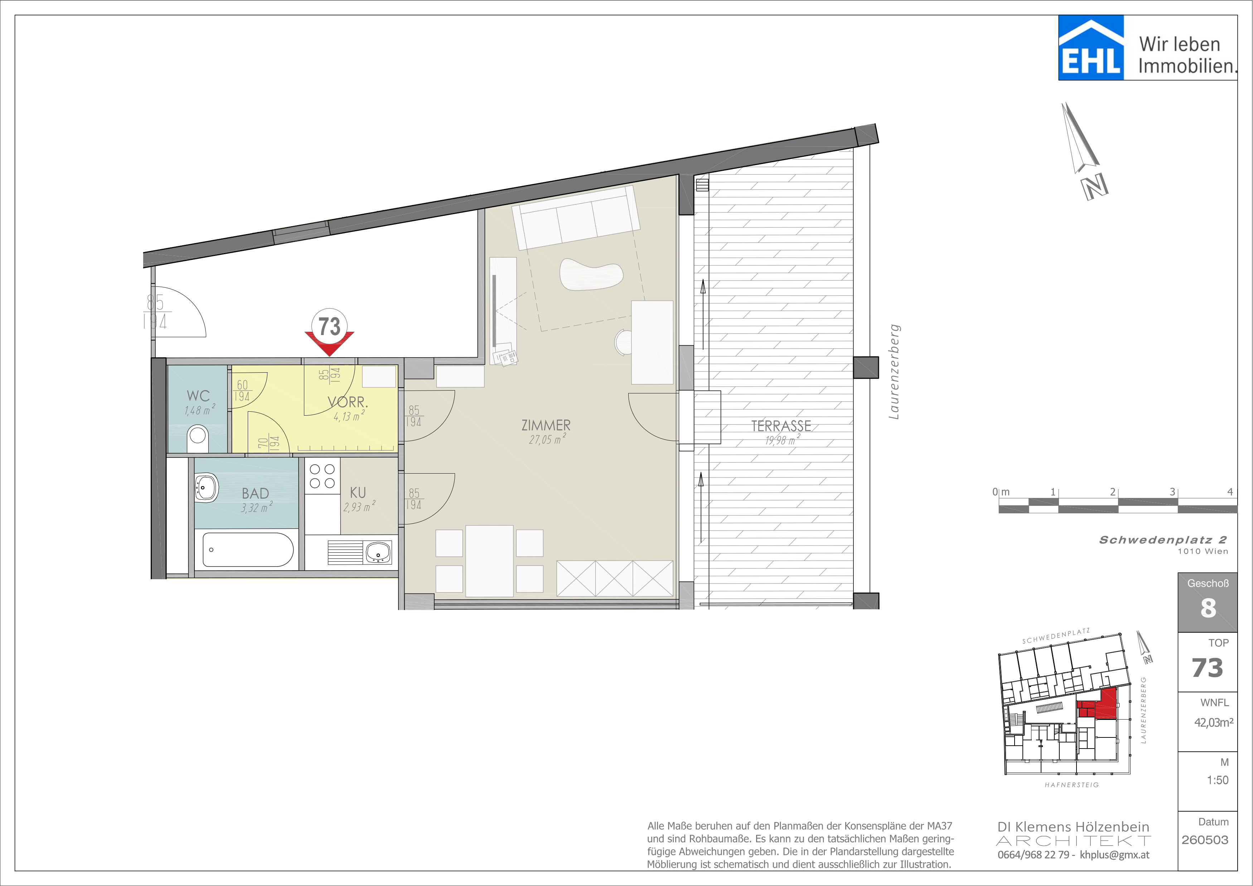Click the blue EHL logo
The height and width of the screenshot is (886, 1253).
tap(1091, 48)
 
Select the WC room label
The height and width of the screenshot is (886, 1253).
tap(198, 396)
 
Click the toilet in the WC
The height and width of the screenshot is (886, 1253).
tap(198, 439)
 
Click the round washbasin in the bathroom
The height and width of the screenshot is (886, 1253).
tap(206, 487)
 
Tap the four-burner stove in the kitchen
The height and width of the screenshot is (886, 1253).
tap(322, 476)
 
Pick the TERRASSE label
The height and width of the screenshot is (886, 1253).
tap(781, 426)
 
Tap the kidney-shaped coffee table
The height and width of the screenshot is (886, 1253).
tap(591, 274)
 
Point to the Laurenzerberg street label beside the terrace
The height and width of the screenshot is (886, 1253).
tap(894, 372)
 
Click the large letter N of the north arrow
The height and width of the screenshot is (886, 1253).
tap(1095, 187)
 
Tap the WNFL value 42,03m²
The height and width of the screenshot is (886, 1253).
tap(1214, 722)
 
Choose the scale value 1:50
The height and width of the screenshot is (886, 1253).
tap(1218, 780)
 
